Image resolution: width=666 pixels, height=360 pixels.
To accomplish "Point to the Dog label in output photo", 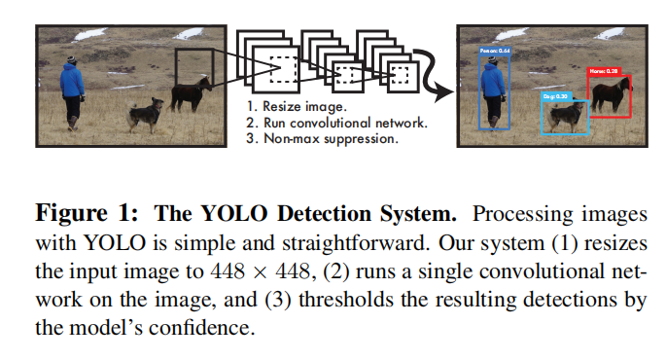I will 555,96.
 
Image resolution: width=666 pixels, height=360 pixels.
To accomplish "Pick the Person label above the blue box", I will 496,51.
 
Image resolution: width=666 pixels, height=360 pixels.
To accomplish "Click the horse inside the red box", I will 611,94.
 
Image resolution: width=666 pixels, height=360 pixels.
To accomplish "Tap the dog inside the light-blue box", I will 564,117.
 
